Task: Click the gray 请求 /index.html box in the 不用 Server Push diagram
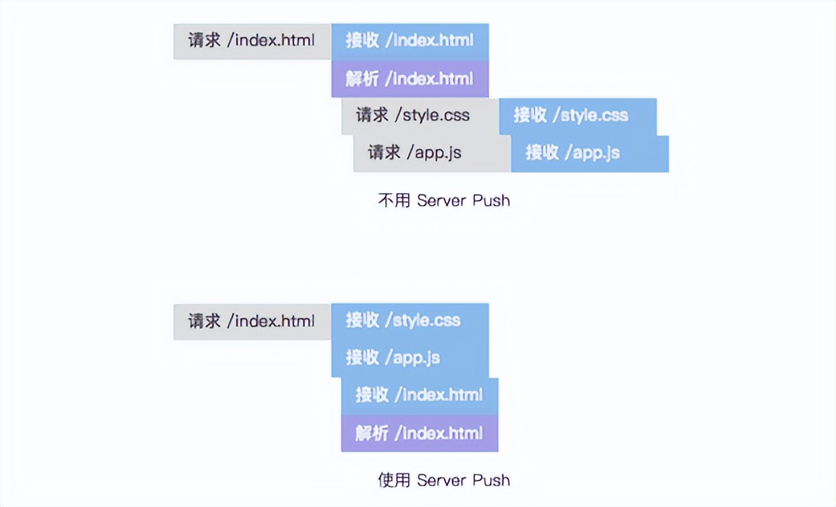coord(252,41)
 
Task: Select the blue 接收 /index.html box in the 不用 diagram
coord(409,41)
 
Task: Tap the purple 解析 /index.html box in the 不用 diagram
coord(409,79)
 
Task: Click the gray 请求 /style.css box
coord(419,116)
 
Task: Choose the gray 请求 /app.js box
coord(431,153)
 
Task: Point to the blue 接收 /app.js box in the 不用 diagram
coord(590,153)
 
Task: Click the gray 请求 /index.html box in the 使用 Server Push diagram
coord(252,322)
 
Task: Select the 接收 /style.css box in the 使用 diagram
coord(409,321)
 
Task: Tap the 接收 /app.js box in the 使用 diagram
coord(409,358)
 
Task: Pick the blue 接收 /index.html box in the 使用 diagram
coord(419,396)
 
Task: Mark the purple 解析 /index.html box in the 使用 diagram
coord(419,434)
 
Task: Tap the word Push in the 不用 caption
coord(491,201)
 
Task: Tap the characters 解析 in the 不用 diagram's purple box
coord(362,79)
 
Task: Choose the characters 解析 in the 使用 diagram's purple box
coord(372,434)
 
